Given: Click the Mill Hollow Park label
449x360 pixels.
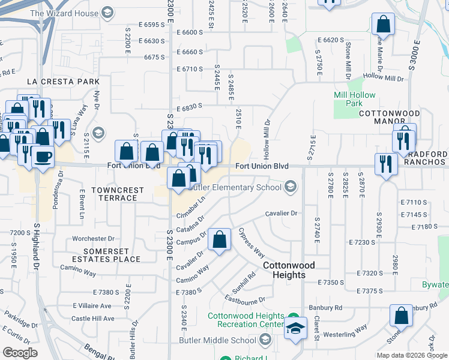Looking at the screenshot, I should coord(355,99).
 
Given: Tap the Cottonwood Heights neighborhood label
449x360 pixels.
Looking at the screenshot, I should coord(284,270).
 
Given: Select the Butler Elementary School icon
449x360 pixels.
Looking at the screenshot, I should coord(291,187).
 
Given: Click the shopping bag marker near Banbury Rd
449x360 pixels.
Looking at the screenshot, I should coord(401,316).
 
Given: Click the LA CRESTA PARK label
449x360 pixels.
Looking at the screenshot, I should coord(62,81).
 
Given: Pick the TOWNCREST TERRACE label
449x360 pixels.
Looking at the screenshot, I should coord(118,194).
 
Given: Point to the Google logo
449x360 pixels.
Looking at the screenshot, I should coord(20,353).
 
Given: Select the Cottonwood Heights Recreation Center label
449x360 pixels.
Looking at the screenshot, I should coord(246,320).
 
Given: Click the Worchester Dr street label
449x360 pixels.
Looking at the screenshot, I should coord(93,238).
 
